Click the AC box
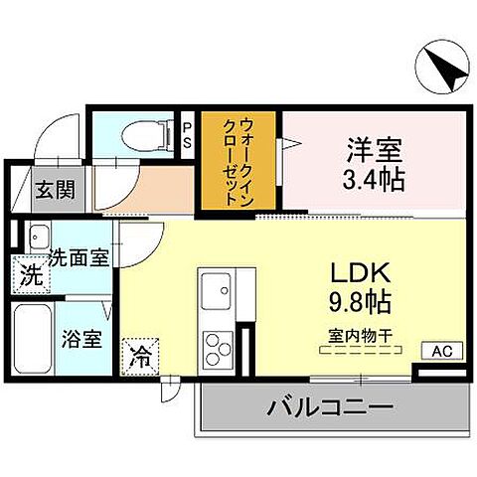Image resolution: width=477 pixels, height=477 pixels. pos(441,349)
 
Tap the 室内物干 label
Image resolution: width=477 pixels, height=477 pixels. pos(355,336)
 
